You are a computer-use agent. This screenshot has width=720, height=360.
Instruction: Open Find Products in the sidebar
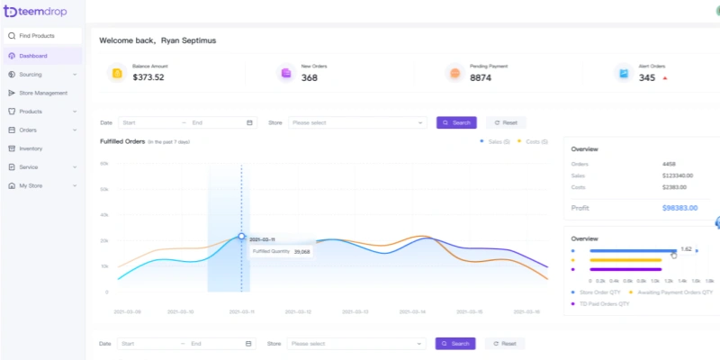(37, 36)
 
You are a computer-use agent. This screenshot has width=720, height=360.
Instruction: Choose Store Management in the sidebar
(43, 93)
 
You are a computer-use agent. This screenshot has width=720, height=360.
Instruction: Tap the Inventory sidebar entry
(31, 148)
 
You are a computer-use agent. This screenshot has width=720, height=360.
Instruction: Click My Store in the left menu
(31, 185)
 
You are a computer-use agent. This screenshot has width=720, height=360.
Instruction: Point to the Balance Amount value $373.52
(148, 77)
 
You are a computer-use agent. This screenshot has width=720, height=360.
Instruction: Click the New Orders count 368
(310, 77)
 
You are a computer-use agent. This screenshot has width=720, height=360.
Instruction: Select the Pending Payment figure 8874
(481, 77)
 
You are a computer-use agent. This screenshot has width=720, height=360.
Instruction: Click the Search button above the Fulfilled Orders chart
(456, 122)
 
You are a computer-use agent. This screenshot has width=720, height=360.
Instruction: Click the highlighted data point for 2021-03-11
(241, 237)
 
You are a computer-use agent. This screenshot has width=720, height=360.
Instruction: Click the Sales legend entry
(496, 142)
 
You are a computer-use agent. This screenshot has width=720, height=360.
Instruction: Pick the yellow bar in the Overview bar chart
(625, 260)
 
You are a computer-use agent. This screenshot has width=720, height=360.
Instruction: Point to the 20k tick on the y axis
(104, 240)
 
